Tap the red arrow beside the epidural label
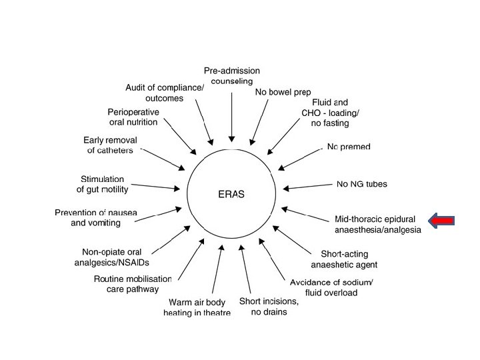[x=442, y=220]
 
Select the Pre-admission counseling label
[x=232, y=76]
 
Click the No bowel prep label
[x=283, y=92]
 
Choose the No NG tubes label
[x=362, y=183]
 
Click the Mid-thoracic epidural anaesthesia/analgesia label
[x=377, y=224]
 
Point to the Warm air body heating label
[x=197, y=308]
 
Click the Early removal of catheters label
[x=110, y=145]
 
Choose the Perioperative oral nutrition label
[x=133, y=117]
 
